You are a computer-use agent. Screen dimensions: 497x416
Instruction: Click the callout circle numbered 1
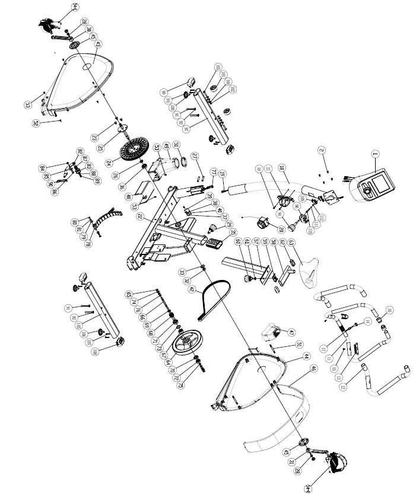(374, 154)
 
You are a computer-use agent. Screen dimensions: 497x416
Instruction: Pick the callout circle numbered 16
(389, 310)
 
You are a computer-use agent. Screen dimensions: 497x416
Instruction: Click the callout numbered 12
(342, 387)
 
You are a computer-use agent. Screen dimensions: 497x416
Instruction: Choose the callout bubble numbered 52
(36, 123)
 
